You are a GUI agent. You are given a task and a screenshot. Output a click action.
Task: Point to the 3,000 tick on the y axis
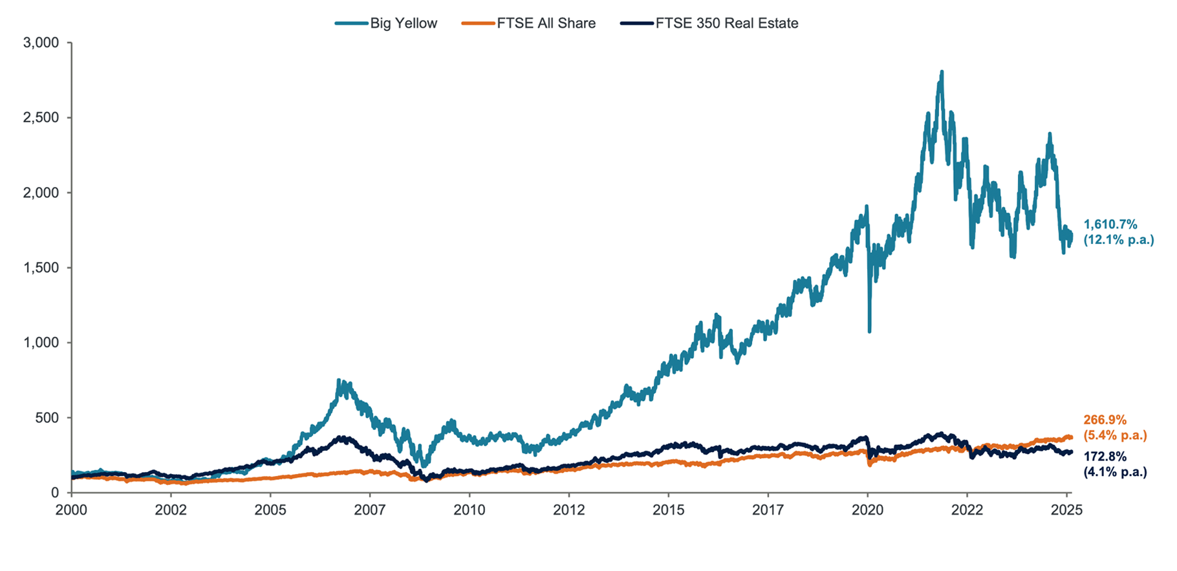tap(41, 43)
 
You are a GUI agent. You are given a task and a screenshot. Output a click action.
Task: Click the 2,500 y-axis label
tap(41, 118)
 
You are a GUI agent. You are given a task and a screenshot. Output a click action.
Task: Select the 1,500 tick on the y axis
tap(41, 268)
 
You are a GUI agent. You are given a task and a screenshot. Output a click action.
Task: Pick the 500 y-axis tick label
tap(47, 418)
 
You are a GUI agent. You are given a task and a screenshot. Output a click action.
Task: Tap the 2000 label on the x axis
tap(71, 510)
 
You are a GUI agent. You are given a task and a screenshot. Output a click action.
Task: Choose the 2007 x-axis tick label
tap(370, 510)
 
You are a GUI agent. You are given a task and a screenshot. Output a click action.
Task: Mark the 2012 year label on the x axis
tap(569, 510)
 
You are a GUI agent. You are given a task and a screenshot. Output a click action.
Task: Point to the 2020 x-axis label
tap(868, 510)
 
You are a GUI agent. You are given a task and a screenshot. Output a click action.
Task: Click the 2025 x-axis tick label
tap(1067, 510)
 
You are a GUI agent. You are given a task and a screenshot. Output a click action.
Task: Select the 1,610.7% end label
tap(1110, 224)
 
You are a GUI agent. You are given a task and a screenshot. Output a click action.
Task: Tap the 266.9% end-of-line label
tap(1105, 420)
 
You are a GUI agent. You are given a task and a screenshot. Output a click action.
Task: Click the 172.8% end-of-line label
tap(1105, 457)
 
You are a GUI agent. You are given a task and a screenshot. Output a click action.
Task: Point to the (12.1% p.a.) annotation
tap(1118, 240)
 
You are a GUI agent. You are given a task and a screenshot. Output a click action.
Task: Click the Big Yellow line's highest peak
tap(942, 72)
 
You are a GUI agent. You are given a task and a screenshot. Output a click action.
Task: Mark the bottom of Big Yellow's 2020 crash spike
tap(869, 332)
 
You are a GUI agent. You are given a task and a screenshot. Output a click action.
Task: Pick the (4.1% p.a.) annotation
tap(1115, 472)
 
